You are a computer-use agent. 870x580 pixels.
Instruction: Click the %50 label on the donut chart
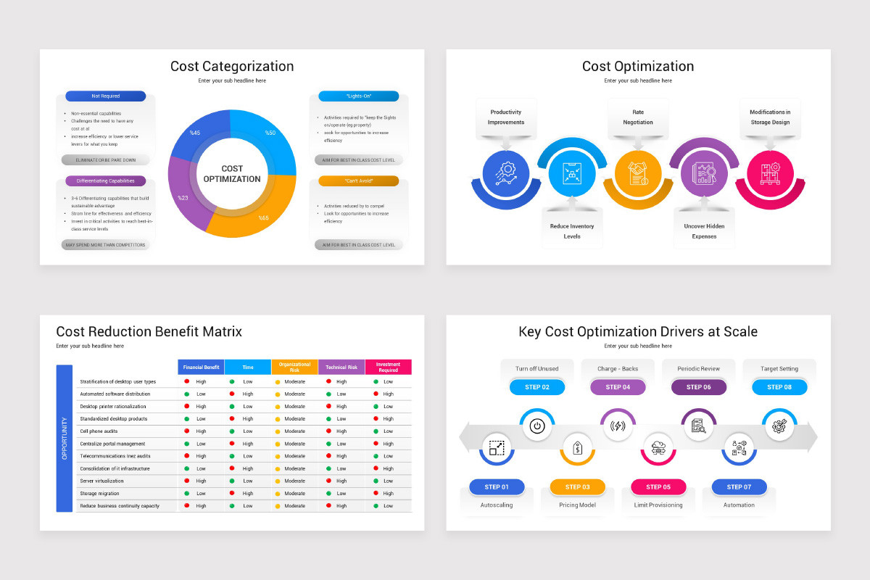point(270,133)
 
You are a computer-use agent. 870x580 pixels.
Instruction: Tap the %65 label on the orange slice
point(264,217)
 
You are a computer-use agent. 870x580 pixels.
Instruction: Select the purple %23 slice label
point(183,197)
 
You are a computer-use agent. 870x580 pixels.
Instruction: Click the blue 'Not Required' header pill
point(106,96)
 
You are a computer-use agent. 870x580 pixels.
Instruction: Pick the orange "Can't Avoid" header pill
point(358,181)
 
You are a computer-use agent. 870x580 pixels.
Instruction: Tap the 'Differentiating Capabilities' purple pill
point(106,181)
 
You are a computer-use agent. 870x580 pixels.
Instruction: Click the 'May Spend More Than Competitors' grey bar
point(106,245)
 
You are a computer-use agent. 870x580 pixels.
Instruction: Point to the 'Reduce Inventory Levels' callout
point(572,231)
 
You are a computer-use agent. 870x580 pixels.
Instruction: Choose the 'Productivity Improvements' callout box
point(506,117)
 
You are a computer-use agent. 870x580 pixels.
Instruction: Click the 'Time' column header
point(248,368)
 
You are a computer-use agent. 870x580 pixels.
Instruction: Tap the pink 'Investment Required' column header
point(388,368)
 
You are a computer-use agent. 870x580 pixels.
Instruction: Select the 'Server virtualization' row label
point(102,481)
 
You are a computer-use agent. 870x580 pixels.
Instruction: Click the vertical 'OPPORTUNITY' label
point(65,438)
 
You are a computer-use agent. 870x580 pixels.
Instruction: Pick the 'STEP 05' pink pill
point(658,486)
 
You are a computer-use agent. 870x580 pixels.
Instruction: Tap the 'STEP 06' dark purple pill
point(699,387)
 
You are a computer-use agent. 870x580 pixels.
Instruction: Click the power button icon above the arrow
point(537,426)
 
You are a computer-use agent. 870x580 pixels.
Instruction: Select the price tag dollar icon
point(578,448)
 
